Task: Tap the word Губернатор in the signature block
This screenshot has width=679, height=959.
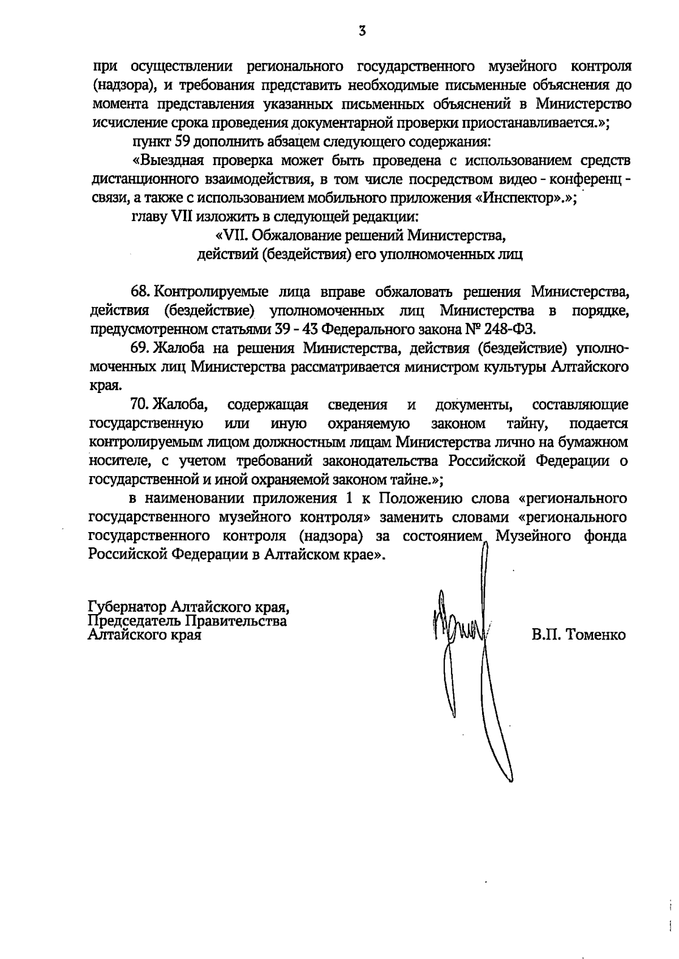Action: tap(127, 607)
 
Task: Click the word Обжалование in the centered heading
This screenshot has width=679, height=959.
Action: tap(290, 235)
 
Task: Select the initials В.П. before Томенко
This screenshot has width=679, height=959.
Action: tap(545, 635)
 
